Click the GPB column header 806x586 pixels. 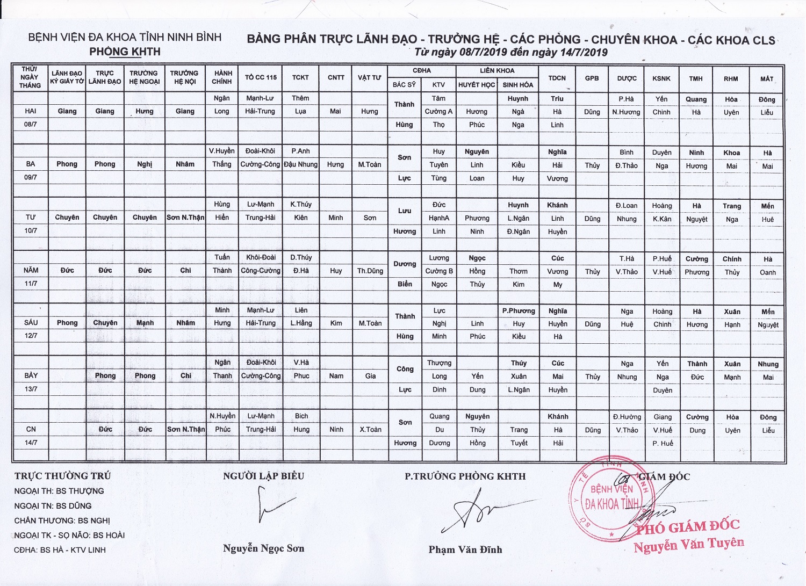click(592, 78)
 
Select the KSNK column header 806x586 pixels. click(661, 78)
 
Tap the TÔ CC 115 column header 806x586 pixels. click(261, 77)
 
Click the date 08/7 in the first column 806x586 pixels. click(31, 125)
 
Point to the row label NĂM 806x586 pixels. click(31, 270)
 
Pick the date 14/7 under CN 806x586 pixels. click(31, 443)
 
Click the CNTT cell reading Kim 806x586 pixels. click(336, 323)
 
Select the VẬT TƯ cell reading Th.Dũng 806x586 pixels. click(370, 271)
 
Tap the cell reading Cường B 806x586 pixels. click(439, 271)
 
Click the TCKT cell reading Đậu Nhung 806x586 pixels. click(301, 164)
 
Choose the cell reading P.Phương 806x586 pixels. click(519, 310)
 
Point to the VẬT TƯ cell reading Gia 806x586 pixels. click(370, 376)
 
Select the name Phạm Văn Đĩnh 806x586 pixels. click(465, 549)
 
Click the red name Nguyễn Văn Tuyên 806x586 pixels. click(689, 545)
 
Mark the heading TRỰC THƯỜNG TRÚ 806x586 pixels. click(62, 476)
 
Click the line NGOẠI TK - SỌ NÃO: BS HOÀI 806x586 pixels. click(69, 535)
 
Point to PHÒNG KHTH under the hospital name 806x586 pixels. click(125, 52)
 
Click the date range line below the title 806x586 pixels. click(510, 52)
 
